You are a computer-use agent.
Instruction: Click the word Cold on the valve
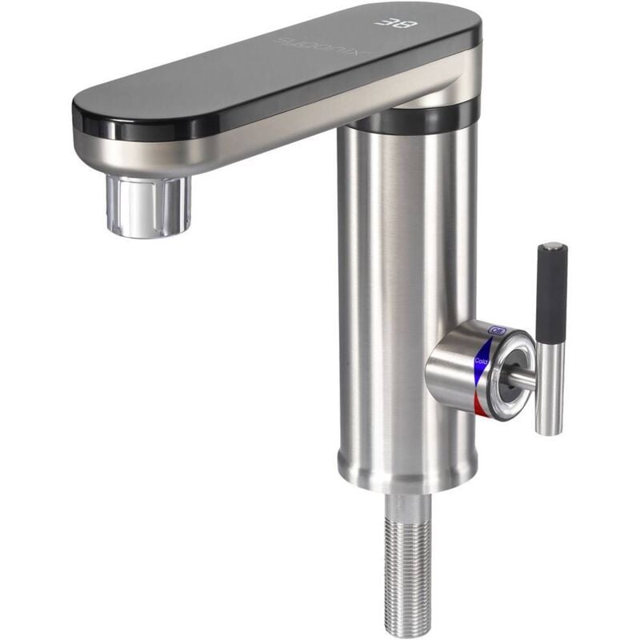tap(482, 361)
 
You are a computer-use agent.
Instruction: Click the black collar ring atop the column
tap(420, 118)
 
